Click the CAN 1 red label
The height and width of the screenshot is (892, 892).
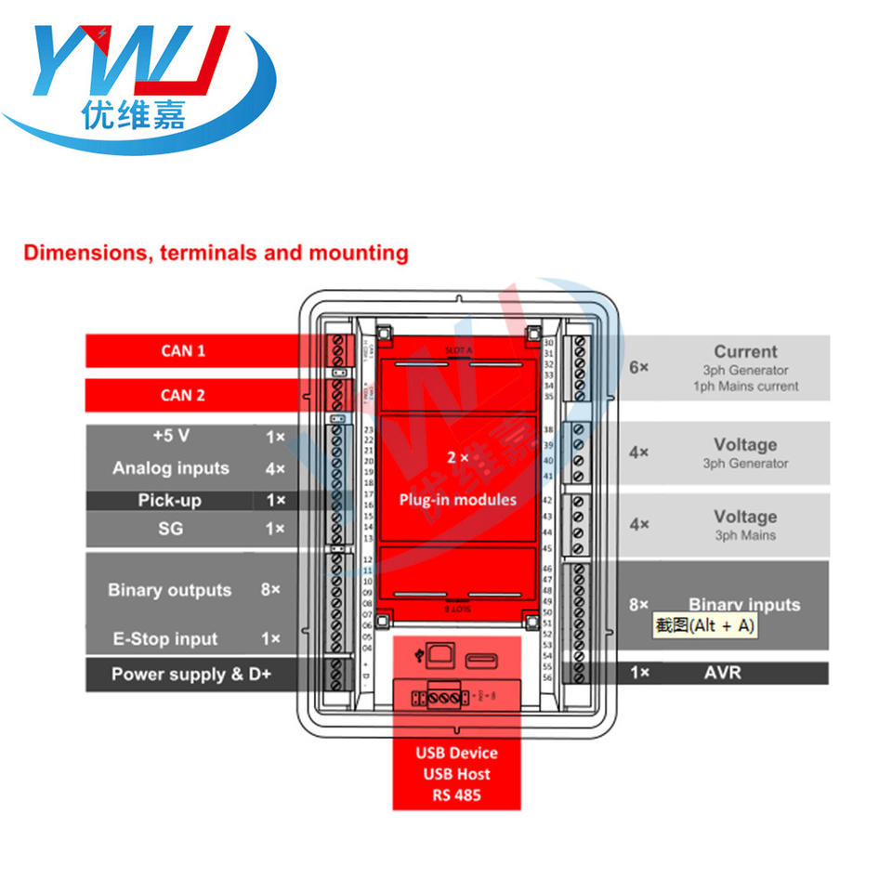[183, 351]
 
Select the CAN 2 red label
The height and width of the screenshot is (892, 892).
[183, 395]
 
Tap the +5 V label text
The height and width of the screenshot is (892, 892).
[170, 436]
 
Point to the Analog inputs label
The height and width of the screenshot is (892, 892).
[170, 468]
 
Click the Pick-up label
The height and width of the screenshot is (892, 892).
[170, 501]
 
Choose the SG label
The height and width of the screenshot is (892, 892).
[170, 529]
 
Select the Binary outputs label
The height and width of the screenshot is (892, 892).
[169, 590]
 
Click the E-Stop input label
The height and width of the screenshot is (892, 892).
[165, 639]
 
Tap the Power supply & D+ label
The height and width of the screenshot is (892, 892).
[190, 675]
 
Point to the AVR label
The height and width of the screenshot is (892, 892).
[723, 672]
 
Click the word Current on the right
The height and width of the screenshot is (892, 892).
[745, 352]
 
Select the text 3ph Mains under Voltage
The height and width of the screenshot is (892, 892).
[745, 535]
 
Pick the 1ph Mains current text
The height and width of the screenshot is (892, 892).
[745, 387]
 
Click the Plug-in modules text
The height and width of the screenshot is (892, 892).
[457, 500]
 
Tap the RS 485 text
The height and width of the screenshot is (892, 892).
[456, 795]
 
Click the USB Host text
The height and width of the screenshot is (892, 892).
[456, 774]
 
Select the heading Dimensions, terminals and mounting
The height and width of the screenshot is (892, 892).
[216, 253]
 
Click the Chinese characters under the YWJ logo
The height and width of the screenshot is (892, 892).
[133, 114]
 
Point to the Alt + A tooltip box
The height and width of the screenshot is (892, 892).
[705, 626]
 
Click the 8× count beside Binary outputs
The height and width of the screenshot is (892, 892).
[270, 590]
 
